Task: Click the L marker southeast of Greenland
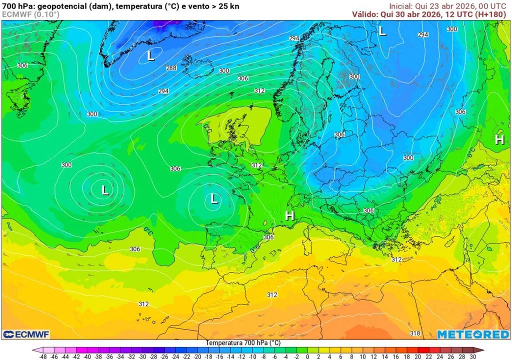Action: click(151, 56)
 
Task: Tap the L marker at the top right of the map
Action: click(382, 31)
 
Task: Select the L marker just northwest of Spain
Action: click(214, 199)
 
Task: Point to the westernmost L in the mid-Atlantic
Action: click(105, 190)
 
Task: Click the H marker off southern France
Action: click(289, 216)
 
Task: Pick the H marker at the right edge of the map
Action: click(499, 140)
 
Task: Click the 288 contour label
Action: click(171, 68)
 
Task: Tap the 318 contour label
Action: click(415, 333)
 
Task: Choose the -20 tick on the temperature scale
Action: click(197, 357)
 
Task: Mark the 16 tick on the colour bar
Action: click(396, 357)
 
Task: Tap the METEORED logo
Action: click(473, 334)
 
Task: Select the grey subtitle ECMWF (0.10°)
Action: click(30, 14)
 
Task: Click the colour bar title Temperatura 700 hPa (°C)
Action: click(243, 343)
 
